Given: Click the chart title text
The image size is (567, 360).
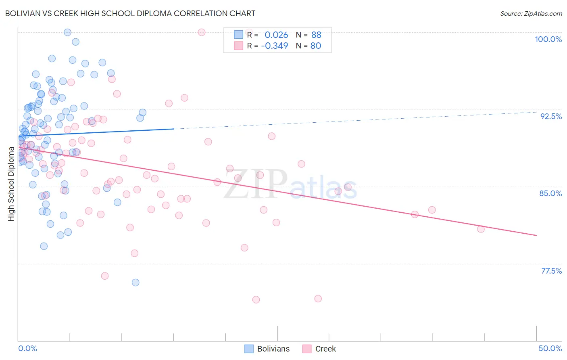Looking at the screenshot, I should click(x=130, y=13).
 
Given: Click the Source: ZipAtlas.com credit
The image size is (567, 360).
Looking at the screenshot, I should click(x=531, y=14).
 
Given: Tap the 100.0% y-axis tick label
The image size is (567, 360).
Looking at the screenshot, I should click(x=548, y=39).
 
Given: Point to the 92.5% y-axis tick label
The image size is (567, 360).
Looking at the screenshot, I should click(x=551, y=116).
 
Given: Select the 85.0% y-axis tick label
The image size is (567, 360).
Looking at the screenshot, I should click(x=550, y=193).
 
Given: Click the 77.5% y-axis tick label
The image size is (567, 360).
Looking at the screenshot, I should click(x=551, y=271).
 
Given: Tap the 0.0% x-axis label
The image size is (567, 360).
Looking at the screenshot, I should click(x=27, y=348).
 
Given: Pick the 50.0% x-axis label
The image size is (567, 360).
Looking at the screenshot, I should click(x=550, y=348).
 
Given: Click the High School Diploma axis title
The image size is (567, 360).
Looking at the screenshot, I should click(x=11, y=184).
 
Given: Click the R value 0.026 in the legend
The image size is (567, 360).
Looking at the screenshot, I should click(x=276, y=35).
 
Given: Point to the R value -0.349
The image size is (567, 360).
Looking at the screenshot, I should click(x=275, y=46).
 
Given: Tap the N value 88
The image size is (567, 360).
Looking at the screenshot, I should click(x=316, y=35).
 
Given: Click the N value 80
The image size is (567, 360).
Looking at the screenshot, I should click(x=316, y=46).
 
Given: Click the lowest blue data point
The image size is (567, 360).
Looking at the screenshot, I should click(x=135, y=283).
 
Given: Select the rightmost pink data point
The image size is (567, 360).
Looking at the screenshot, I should click(x=481, y=229).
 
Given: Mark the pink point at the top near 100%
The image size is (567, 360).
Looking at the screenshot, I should click(x=202, y=32).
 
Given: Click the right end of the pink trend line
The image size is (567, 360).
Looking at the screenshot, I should click(x=536, y=235).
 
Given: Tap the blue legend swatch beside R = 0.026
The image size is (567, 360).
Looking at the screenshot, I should click(x=238, y=35).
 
